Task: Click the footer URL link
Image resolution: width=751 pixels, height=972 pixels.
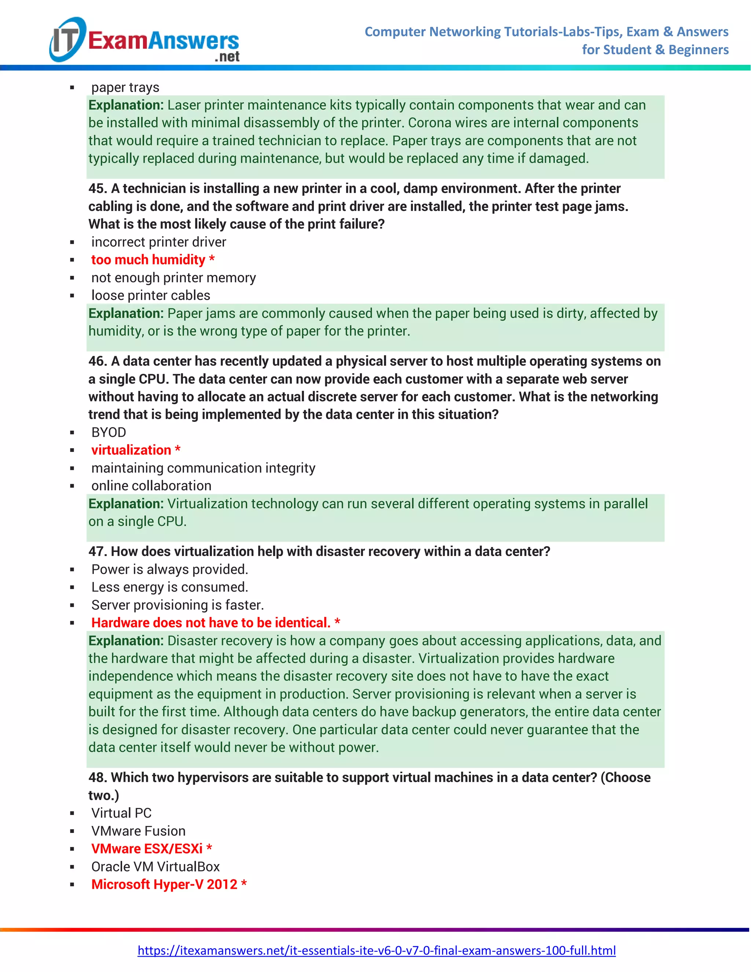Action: pos(376,950)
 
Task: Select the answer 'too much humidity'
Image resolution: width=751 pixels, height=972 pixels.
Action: pos(148,259)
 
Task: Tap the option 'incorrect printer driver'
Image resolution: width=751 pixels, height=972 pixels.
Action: pos(158,242)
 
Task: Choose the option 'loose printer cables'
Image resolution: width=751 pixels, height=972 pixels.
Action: pos(150,295)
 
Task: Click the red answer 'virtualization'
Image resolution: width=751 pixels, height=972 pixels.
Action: pos(131,450)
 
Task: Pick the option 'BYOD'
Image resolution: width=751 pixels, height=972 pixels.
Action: pos(109,432)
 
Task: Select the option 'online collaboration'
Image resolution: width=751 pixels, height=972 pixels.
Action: pos(151,486)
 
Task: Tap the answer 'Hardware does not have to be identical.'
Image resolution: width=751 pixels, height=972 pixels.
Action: pos(210,623)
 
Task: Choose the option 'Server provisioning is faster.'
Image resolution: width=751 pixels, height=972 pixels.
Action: pos(177,605)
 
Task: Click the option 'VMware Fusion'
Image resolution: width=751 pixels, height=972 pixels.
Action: pos(138,831)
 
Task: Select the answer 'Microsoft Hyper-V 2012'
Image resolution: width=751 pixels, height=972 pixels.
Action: pos(164,884)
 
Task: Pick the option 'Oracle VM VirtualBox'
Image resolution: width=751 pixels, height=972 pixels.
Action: pos(155,866)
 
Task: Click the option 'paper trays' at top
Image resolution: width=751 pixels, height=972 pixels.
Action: pos(125,87)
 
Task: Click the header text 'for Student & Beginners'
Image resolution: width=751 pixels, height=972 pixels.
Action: pos(655,50)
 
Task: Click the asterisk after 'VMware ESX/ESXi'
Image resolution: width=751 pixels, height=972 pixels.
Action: pos(209,848)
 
